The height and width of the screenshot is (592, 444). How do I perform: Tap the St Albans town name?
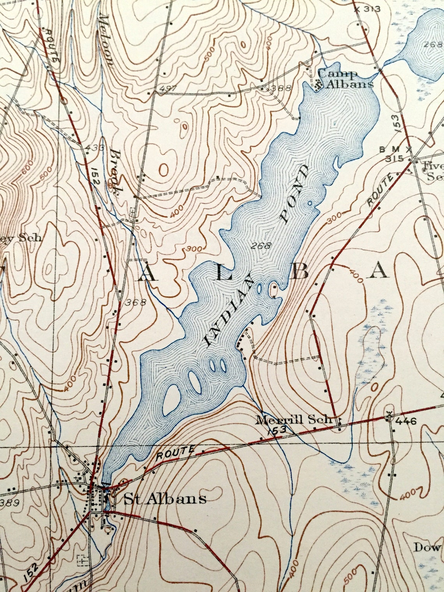pos(165,499)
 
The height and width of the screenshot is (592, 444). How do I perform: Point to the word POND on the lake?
pos(295,194)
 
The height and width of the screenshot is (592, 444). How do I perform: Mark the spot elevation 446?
pos(407,421)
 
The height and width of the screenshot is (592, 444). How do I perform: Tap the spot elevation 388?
pos(281,88)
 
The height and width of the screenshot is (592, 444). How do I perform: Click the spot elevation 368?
pos(136,302)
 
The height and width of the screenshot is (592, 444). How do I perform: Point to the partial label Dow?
pos(427,547)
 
